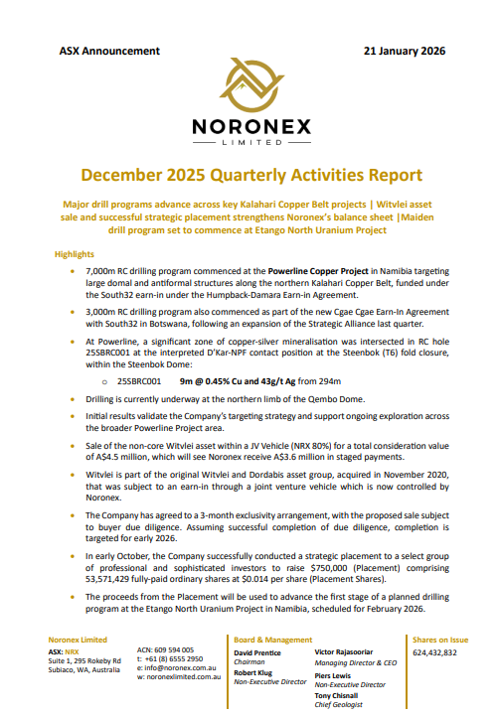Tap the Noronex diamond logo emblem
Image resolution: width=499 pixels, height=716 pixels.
pos(249,94)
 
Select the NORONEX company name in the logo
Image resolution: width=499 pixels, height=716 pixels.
pos(249,127)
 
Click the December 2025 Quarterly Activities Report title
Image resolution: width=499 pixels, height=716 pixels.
pos(250,175)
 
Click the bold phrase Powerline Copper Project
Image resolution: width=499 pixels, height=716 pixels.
pos(328,270)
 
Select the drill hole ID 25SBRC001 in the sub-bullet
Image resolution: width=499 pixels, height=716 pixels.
pos(139,380)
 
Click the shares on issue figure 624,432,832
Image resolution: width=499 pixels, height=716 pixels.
pos(434,651)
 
